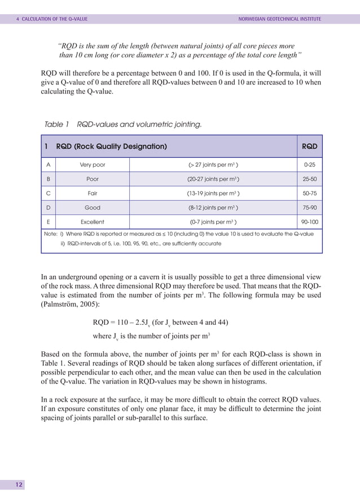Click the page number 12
point(19,485)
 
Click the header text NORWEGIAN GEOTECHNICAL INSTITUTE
point(280,19)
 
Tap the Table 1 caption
point(122,124)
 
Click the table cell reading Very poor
point(92,165)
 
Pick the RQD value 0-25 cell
point(309,165)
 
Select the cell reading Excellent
point(92,222)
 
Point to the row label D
point(48,208)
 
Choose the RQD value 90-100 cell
point(309,222)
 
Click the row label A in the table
point(48,165)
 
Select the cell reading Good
point(92,208)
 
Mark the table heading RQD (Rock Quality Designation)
point(111,147)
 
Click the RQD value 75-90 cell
point(309,208)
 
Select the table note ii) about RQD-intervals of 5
point(141,244)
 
